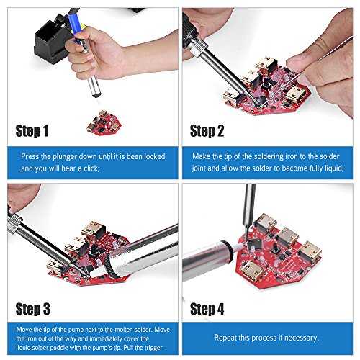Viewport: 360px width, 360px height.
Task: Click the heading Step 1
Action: coord(32,131)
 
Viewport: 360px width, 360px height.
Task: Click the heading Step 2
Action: coord(207,131)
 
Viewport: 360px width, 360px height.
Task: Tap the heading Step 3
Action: coord(33,309)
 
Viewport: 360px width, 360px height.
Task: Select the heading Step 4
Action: coord(207,309)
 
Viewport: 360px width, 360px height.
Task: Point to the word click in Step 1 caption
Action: coord(91,168)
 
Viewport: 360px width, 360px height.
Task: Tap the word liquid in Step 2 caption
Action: coord(334,168)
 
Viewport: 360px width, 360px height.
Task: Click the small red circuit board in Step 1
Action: coord(104,123)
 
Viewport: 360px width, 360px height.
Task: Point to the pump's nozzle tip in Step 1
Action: coord(96,95)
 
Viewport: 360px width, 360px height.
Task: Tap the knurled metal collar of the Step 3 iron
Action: coord(15,224)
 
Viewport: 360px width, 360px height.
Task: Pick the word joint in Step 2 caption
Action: coord(199,168)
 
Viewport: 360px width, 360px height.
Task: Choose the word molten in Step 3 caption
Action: coord(124,330)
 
